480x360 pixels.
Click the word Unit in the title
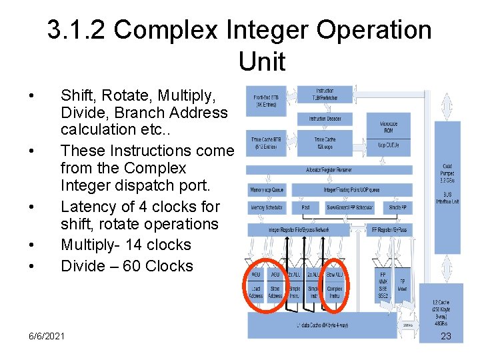point(261,63)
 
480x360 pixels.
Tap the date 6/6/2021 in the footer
point(47,336)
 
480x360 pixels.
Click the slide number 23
point(446,336)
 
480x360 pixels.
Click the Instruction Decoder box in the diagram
point(325,119)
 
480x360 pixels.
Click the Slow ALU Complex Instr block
point(335,283)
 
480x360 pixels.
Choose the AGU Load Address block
point(255,283)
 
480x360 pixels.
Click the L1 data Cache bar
point(323,325)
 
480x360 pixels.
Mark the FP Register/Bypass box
point(397,229)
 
